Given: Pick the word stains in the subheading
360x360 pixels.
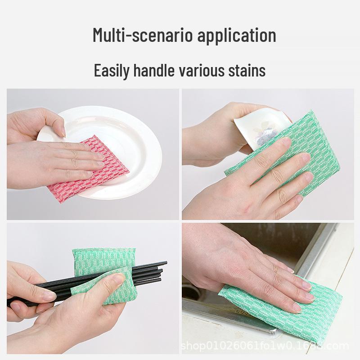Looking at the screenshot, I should [x=247, y=71].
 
